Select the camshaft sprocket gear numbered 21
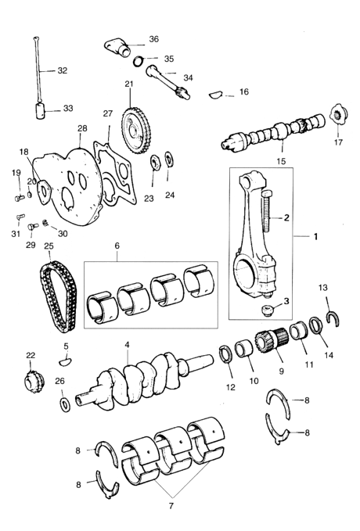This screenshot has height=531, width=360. coord(136,131)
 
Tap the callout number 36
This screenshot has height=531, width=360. coord(154,39)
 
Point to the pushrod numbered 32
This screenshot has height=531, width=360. coord(38,71)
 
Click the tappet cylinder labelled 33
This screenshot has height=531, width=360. coord(41,111)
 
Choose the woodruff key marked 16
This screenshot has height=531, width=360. coord(215,95)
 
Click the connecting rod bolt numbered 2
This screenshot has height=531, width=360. coord(266,211)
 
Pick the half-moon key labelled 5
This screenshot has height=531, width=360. coord(66,362)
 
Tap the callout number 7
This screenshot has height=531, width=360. coord(171,506)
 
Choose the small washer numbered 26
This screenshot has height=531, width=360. coord(64,404)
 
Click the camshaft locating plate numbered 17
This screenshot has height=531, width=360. coord(337,117)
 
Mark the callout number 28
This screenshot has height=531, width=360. coord(82,129)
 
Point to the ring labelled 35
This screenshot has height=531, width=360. coord(138,62)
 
